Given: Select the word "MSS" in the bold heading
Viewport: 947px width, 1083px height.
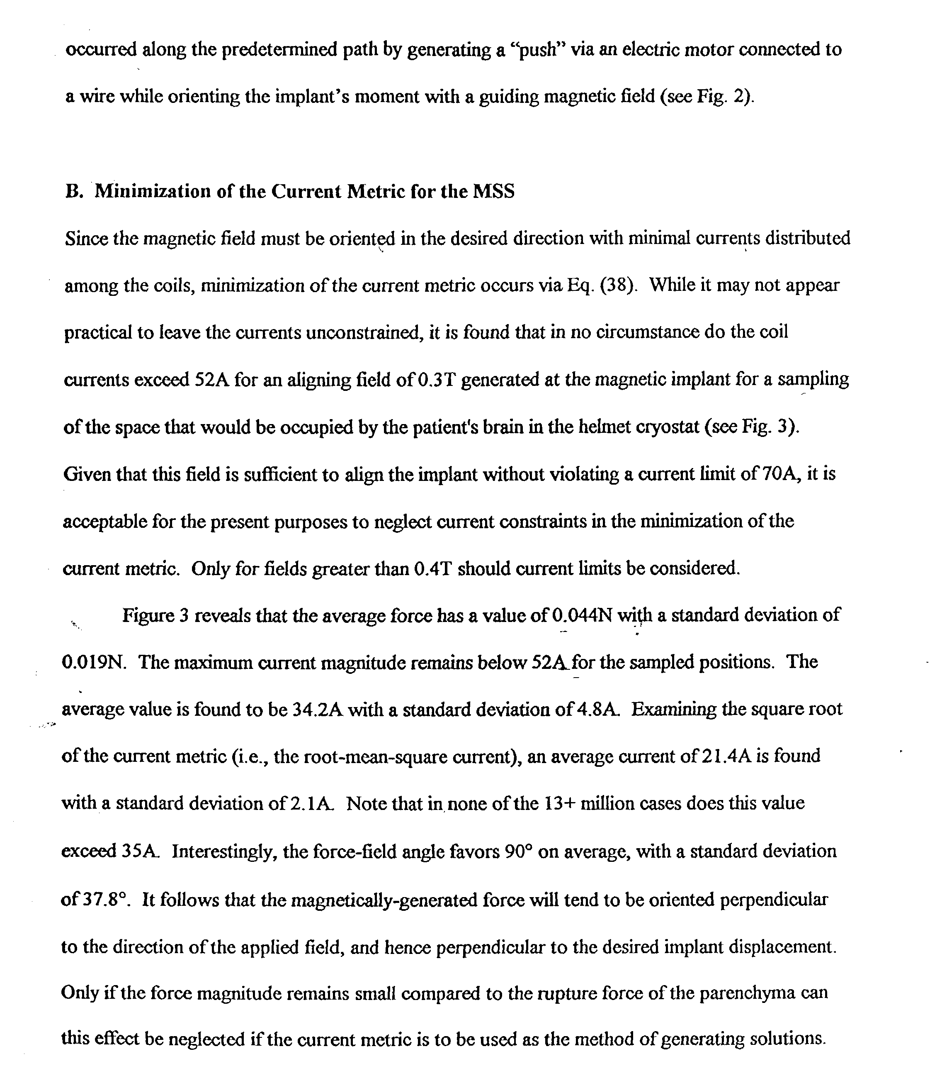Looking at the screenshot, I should (493, 191).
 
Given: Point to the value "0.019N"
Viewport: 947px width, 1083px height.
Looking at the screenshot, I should (94, 662).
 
